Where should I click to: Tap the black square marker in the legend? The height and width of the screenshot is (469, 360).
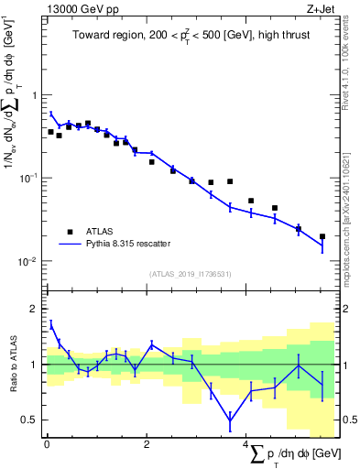70,232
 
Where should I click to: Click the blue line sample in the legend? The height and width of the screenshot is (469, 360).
70,244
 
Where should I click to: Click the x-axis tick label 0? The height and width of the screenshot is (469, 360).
47,448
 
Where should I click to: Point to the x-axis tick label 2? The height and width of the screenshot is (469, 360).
147,448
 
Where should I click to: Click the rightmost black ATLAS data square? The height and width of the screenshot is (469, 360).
322,236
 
